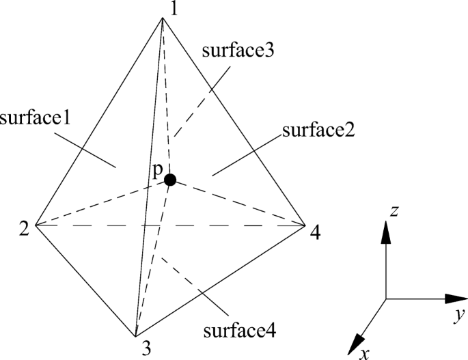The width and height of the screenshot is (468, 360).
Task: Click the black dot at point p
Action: (170, 180)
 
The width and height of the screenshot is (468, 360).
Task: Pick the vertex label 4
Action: (314, 233)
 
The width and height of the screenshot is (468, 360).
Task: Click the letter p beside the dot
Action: (157, 174)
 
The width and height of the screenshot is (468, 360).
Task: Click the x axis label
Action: (366, 352)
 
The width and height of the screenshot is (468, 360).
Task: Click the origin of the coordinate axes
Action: (386, 299)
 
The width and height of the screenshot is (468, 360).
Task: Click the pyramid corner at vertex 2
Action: (35, 225)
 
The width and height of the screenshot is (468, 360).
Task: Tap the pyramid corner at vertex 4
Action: (305, 225)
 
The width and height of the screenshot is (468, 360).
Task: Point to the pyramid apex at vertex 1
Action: (163, 18)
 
